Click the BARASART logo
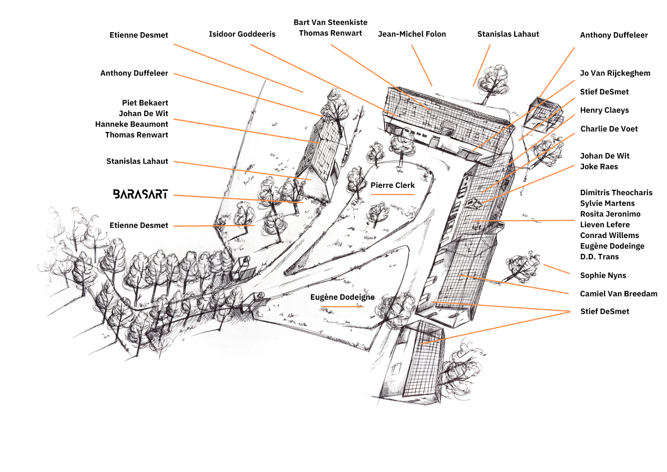pos(140,194)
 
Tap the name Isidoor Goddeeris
pos(242,34)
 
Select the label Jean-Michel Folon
pos(412,34)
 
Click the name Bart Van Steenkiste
pos(331,22)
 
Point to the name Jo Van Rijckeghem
pos(615,73)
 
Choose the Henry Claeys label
pos(605,110)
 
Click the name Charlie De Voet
pos(609,129)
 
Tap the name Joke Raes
pos(599,167)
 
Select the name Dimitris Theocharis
pos(616,193)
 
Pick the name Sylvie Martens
pos(607,203)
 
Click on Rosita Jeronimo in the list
pos(610,214)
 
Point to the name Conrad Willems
pos(610,235)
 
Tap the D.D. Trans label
pos(599,257)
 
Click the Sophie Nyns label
pos(603,275)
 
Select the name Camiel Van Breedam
pos(619,294)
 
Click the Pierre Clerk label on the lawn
pos(392,185)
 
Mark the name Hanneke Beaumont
pos(131,124)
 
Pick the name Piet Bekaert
pos(145,103)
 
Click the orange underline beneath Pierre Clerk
pos(392,194)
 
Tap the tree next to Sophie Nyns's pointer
pos(522,267)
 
